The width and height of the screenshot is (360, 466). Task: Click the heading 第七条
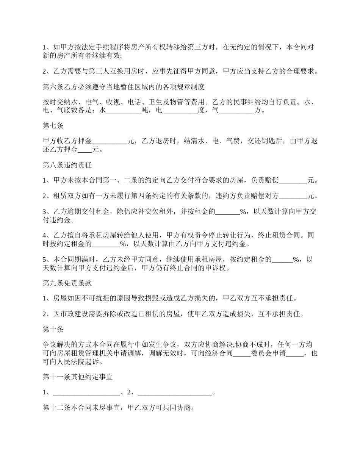pos(53,126)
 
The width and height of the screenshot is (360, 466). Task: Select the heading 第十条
pos(53,329)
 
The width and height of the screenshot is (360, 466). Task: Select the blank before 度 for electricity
pos(180,111)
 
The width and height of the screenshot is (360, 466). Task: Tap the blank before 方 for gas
pos(237,111)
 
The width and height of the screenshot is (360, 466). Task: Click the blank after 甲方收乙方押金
pos(110,141)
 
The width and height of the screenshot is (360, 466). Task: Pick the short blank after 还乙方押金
pos(85,150)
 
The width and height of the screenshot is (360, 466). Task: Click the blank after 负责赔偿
pos(293,181)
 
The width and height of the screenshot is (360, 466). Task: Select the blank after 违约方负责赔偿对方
pos(293,196)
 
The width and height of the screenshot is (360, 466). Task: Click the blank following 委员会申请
pos(295,354)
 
